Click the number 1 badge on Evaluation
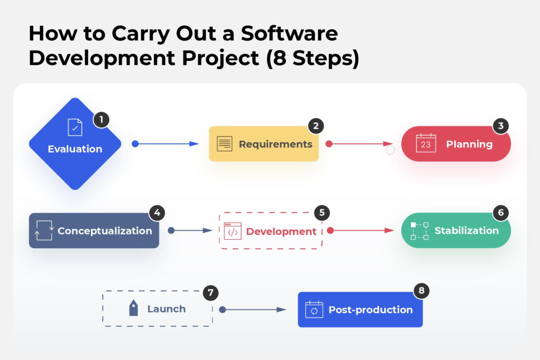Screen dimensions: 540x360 tap(101, 120)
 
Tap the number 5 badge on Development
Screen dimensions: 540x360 tap(322, 213)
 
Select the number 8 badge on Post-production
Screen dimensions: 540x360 tap(421, 291)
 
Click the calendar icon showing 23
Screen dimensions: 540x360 tap(426, 143)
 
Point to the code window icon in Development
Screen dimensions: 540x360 tap(233, 231)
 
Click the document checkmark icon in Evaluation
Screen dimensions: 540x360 tap(75, 128)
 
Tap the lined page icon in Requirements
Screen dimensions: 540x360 tap(225, 144)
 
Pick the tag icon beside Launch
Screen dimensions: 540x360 tap(133, 308)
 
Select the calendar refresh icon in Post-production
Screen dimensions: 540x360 tap(314, 309)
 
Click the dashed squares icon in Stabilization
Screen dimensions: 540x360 tap(420, 231)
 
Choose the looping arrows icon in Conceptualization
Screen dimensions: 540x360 tap(44, 230)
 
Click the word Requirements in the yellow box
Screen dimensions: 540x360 tap(275, 144)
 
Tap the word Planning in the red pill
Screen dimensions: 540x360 tap(469, 144)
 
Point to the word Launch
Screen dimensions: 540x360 tap(166, 309)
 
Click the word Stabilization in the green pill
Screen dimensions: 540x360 tap(467, 230)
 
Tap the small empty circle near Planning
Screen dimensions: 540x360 tap(390, 150)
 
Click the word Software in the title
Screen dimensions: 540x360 tap(290, 34)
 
